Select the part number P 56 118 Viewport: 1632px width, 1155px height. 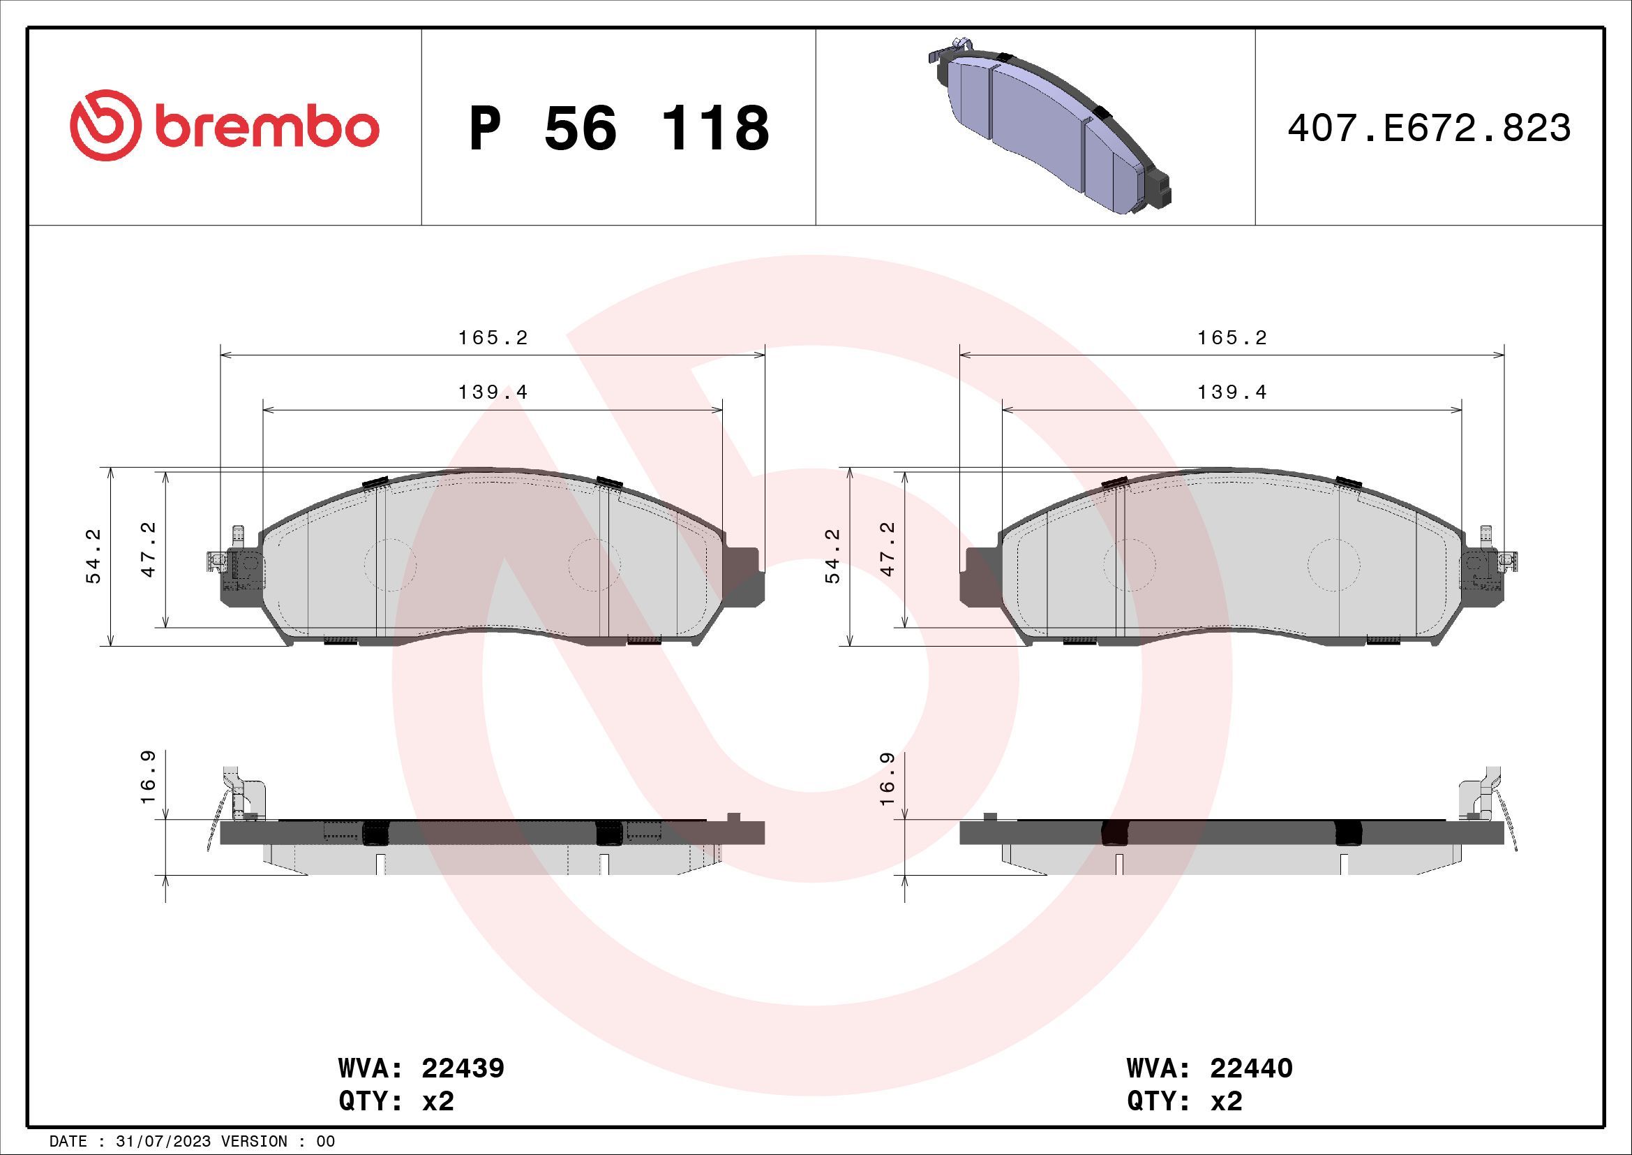(618, 128)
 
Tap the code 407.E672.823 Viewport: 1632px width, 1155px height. (1429, 128)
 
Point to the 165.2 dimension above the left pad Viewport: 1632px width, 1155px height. (493, 338)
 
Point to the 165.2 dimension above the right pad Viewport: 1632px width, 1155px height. (1232, 338)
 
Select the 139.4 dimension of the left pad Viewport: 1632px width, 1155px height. (493, 392)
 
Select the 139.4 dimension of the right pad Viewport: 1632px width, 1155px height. (1232, 392)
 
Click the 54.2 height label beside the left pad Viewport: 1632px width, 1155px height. (93, 556)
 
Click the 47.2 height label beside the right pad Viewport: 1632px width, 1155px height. (888, 549)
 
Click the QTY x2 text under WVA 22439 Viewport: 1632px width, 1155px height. (396, 1101)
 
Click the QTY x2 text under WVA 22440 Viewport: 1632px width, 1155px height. (1185, 1101)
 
